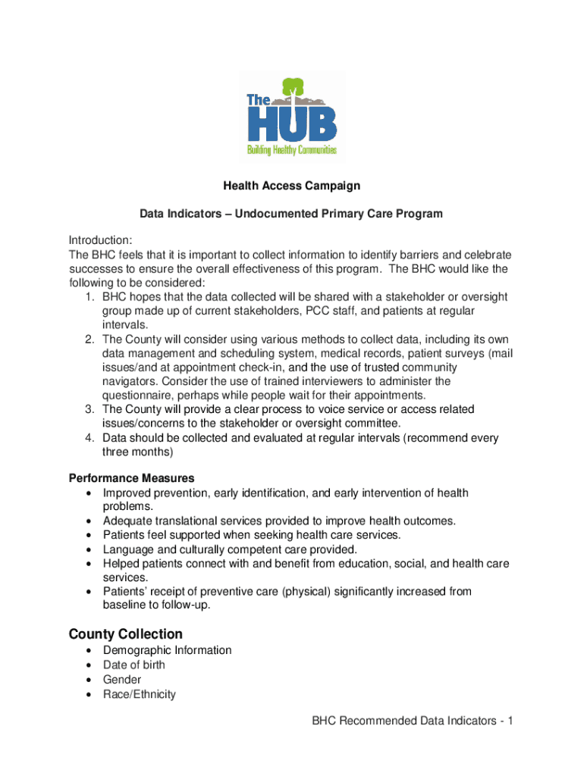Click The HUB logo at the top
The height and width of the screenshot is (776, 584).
click(292, 117)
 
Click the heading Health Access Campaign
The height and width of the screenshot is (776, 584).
click(291, 186)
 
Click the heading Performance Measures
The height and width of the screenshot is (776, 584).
click(131, 478)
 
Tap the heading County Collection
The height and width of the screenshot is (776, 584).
click(125, 634)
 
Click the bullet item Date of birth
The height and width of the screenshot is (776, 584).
click(134, 665)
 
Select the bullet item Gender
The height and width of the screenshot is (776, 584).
click(122, 680)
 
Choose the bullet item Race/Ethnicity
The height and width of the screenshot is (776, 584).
click(140, 694)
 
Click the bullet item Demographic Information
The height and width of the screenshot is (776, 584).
click(168, 650)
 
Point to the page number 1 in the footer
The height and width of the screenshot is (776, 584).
click(512, 721)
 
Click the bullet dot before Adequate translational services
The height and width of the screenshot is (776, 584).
click(90, 521)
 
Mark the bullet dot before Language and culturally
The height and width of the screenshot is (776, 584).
click(90, 549)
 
